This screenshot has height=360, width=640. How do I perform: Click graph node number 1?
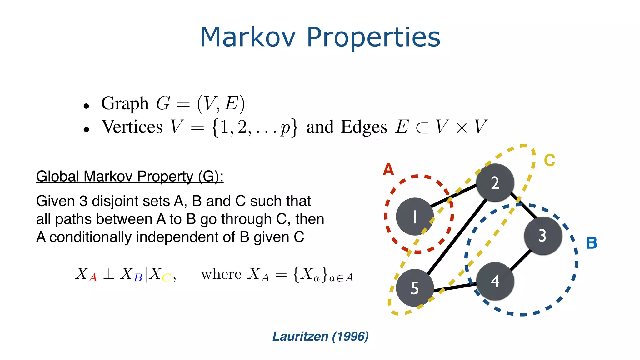click(x=415, y=217)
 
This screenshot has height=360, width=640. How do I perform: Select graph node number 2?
click(x=495, y=183)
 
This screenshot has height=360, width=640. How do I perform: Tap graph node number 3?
click(x=543, y=235)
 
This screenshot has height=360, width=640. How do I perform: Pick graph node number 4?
click(x=495, y=281)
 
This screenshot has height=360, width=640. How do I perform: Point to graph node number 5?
click(x=415, y=288)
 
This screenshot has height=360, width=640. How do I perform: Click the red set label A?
click(x=388, y=170)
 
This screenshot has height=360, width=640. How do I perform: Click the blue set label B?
click(x=592, y=243)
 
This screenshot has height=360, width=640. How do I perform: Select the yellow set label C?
click(x=549, y=161)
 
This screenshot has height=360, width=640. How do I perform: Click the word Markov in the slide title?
click(x=248, y=37)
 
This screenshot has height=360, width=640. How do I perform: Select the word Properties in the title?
click(x=373, y=38)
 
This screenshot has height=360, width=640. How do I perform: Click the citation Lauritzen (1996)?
click(x=320, y=337)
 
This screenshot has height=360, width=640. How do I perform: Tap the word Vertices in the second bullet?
click(x=132, y=127)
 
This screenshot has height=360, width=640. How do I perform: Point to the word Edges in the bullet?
click(x=364, y=127)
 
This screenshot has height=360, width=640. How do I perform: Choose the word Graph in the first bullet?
click(x=125, y=104)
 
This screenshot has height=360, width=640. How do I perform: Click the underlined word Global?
click(x=58, y=177)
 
